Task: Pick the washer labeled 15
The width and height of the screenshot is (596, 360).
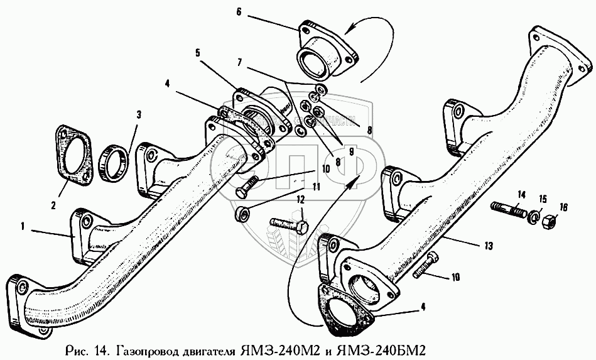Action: [535, 216]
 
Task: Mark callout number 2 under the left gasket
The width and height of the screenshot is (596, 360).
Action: [53, 204]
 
